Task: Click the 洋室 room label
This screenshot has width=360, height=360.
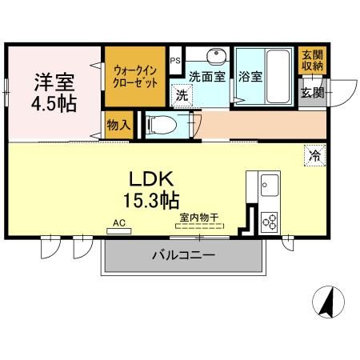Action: click(53, 83)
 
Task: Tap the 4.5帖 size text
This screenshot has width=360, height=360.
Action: click(53, 104)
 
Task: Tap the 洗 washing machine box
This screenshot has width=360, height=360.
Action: click(182, 94)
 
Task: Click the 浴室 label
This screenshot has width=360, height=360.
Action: click(251, 78)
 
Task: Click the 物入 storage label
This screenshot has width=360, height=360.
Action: click(117, 125)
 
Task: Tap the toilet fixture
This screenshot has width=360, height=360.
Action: click(158, 124)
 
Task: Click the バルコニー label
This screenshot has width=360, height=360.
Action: click(183, 257)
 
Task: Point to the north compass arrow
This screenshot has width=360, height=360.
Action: click(328, 302)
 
